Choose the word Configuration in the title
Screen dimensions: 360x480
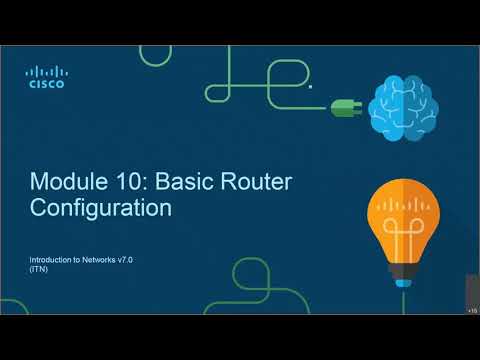pos(101,209)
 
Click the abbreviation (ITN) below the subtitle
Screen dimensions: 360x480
pos(38,269)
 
